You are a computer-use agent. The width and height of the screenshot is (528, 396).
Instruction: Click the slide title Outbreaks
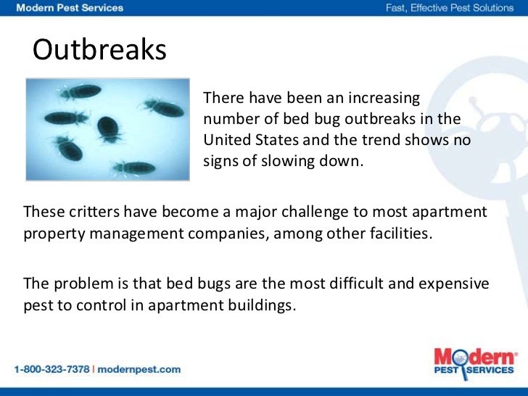pos(100,51)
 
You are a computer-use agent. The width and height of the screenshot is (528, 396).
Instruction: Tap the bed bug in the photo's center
pos(109,128)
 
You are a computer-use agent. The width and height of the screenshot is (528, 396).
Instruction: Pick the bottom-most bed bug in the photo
pos(133,168)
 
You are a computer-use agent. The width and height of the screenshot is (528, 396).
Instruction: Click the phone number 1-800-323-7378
pos(51,369)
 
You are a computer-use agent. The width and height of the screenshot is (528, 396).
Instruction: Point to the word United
pos(226,139)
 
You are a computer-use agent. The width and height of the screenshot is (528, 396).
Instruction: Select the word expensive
pos(453,282)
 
